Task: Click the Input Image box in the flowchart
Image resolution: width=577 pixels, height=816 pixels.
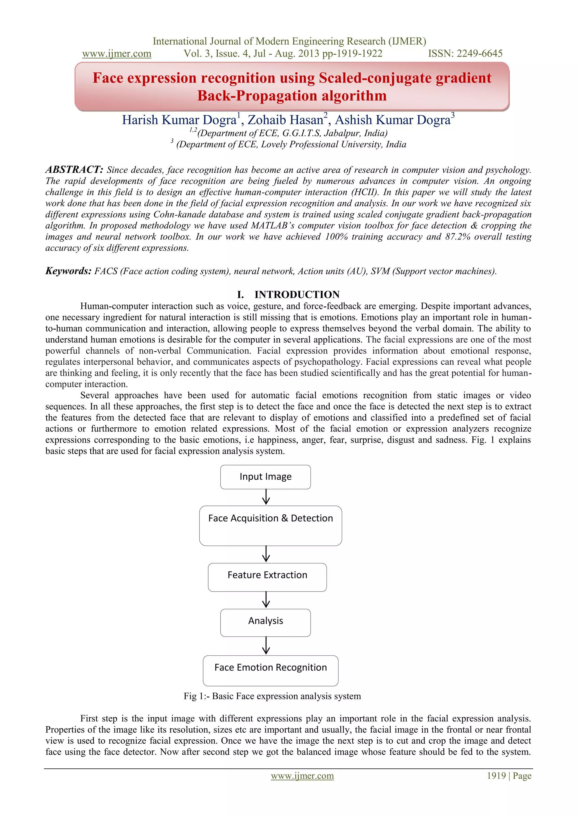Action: pyautogui.click(x=265, y=477)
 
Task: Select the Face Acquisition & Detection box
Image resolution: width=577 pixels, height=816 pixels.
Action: pyautogui.click(x=270, y=525)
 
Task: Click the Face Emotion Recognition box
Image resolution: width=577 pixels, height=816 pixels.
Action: pyautogui.click(x=270, y=670)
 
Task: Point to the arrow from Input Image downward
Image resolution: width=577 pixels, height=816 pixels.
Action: pyautogui.click(x=266, y=497)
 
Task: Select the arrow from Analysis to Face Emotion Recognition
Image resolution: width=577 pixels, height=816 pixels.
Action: pyautogui.click(x=266, y=645)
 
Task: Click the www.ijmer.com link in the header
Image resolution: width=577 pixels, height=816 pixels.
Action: pyautogui.click(x=117, y=54)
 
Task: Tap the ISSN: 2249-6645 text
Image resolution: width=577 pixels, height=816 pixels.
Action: pyautogui.click(x=465, y=54)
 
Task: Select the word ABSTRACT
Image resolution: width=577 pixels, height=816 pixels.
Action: pyautogui.click(x=74, y=169)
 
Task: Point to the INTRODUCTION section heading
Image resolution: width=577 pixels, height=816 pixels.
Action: pyautogui.click(x=297, y=294)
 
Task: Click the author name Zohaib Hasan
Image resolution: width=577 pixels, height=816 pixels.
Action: pyautogui.click(x=285, y=120)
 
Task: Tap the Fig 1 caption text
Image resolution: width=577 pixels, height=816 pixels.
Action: pyautogui.click(x=272, y=696)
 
